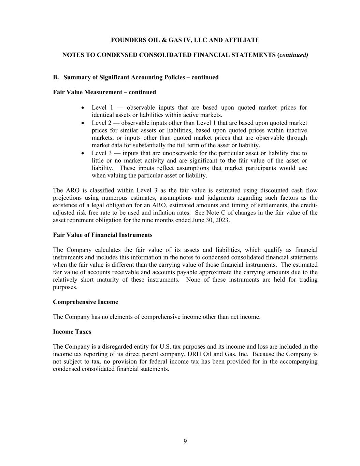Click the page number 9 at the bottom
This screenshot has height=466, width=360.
coord(185,441)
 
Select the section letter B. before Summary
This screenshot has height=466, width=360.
coord(56,77)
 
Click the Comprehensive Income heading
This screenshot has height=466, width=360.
coord(85,302)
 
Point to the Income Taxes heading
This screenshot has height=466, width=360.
coord(72,332)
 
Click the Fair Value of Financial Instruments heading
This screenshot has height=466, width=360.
coord(103,235)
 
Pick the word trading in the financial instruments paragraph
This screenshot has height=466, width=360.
coord(307,280)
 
